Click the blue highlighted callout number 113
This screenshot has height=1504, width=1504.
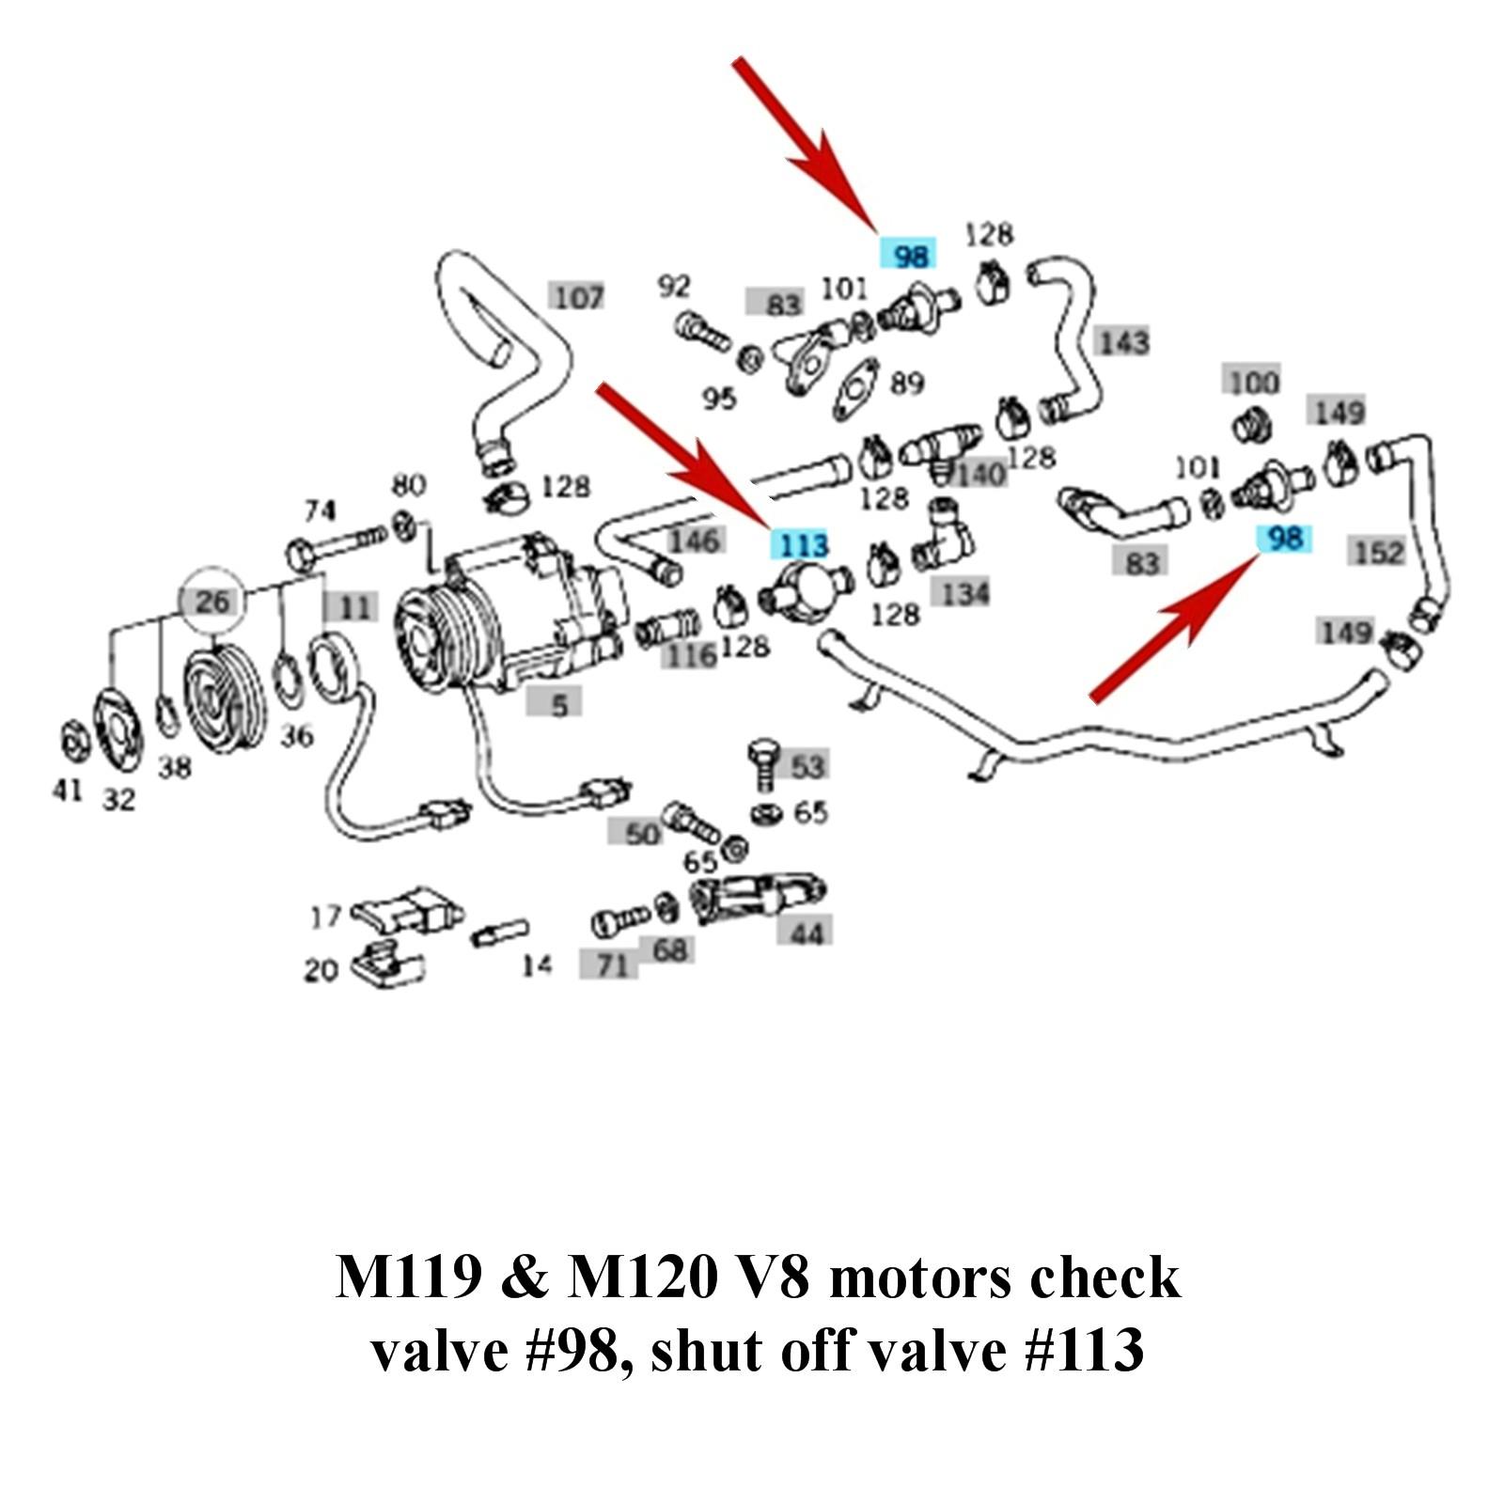pos(801,544)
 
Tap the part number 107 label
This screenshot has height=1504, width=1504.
pos(578,297)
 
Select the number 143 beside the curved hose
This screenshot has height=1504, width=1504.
pos(1123,341)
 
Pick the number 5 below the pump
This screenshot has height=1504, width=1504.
pos(559,703)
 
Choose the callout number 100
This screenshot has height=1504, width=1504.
pos(1254,382)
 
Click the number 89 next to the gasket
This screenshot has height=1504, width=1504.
pos(906,384)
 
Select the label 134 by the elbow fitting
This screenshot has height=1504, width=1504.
pos(964,593)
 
